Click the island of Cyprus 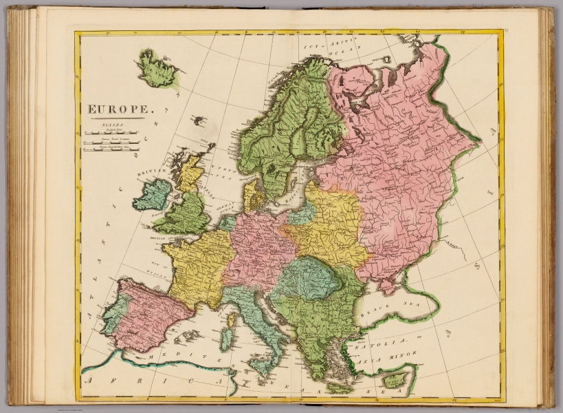[395, 380]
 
